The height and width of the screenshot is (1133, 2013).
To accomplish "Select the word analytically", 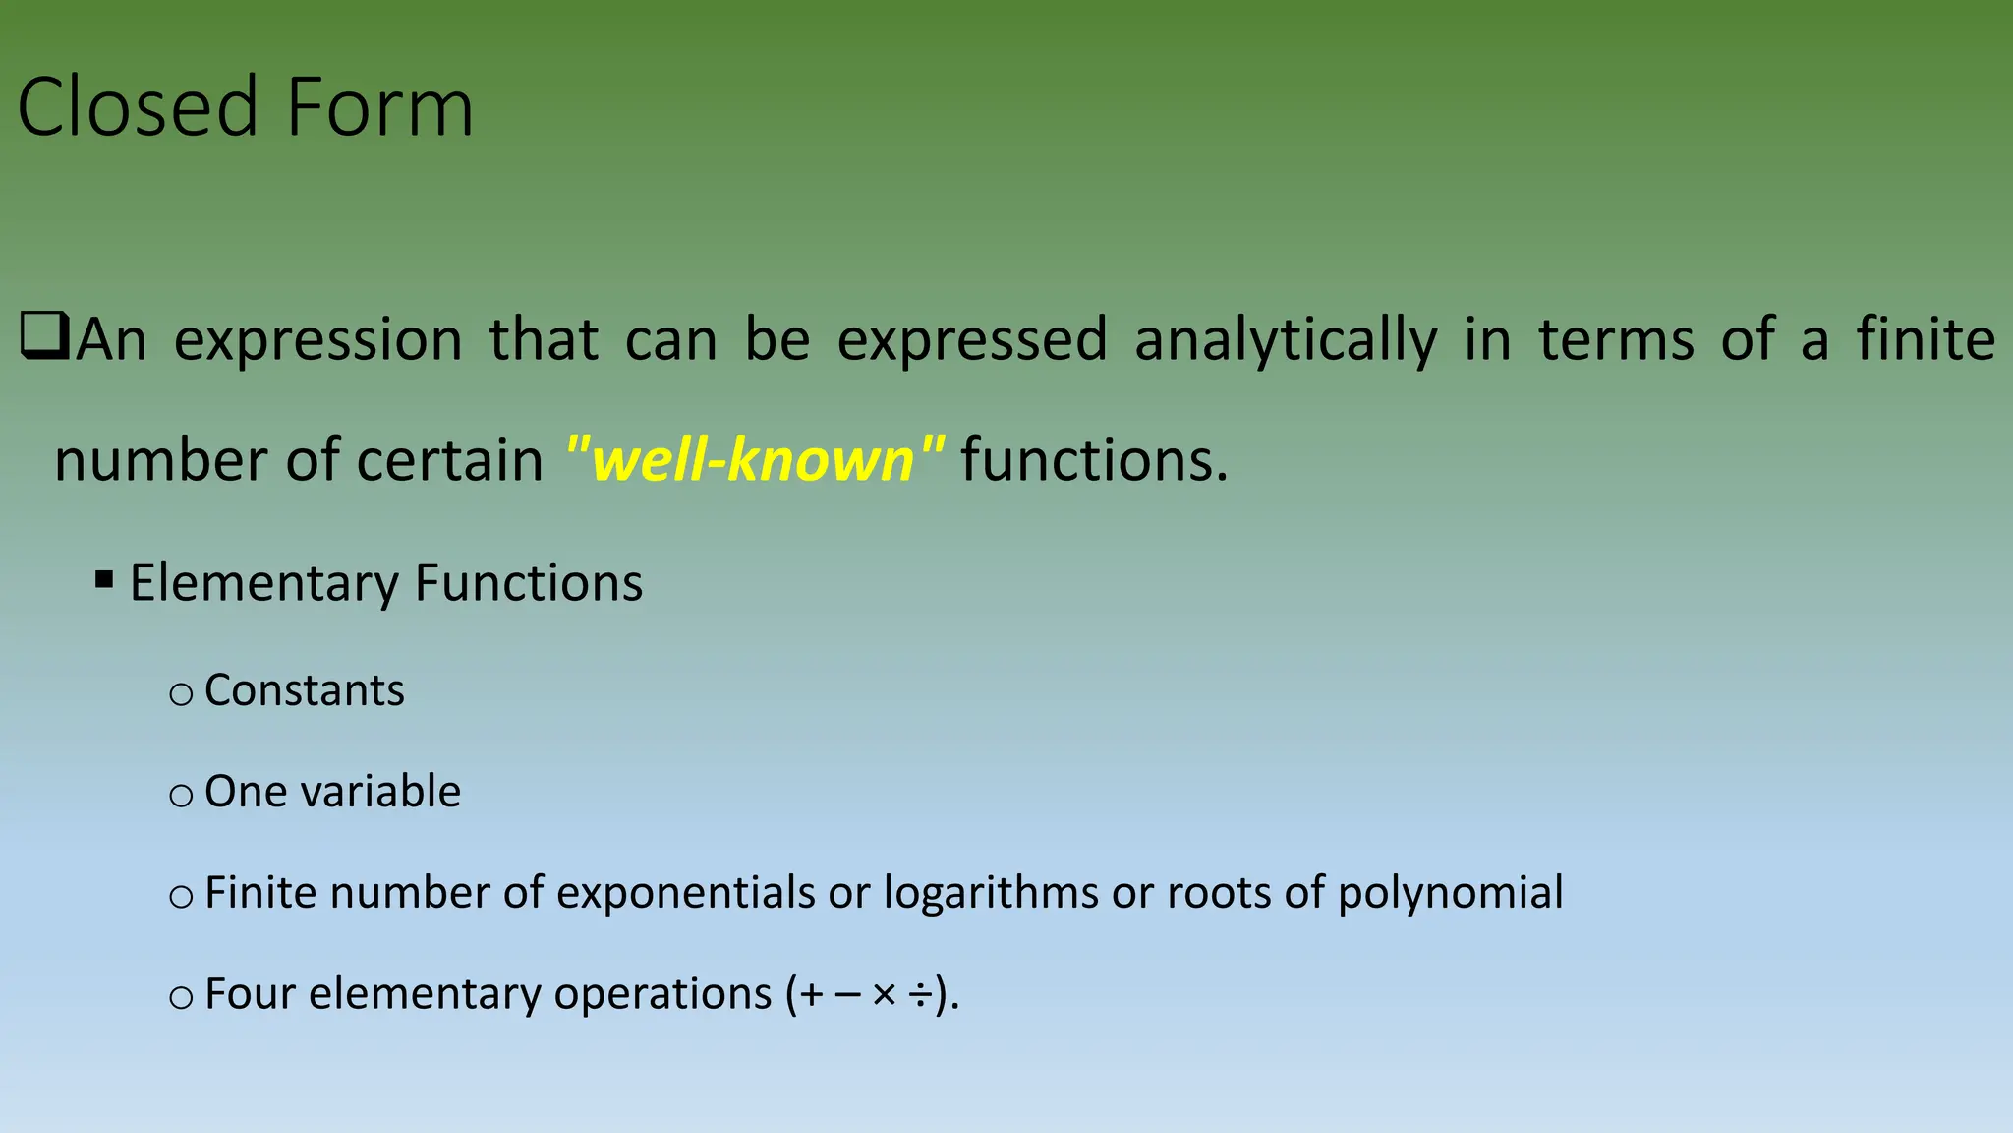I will pyautogui.click(x=1285, y=341).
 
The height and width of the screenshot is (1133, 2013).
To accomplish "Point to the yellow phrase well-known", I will pyautogui.click(x=755, y=459).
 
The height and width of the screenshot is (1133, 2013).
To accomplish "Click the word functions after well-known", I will pyautogui.click(x=1094, y=459).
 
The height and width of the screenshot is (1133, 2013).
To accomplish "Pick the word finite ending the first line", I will pyautogui.click(x=1925, y=339).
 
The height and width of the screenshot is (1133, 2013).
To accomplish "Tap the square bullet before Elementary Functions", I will pyautogui.click(x=104, y=579).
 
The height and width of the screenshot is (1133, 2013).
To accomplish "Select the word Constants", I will pyautogui.click(x=305, y=690).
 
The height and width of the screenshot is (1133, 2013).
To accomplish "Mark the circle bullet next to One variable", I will pyautogui.click(x=181, y=796).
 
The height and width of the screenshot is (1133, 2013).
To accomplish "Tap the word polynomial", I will pyautogui.click(x=1450, y=894).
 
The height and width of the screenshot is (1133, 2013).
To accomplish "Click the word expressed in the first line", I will pyautogui.click(x=972, y=341).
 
